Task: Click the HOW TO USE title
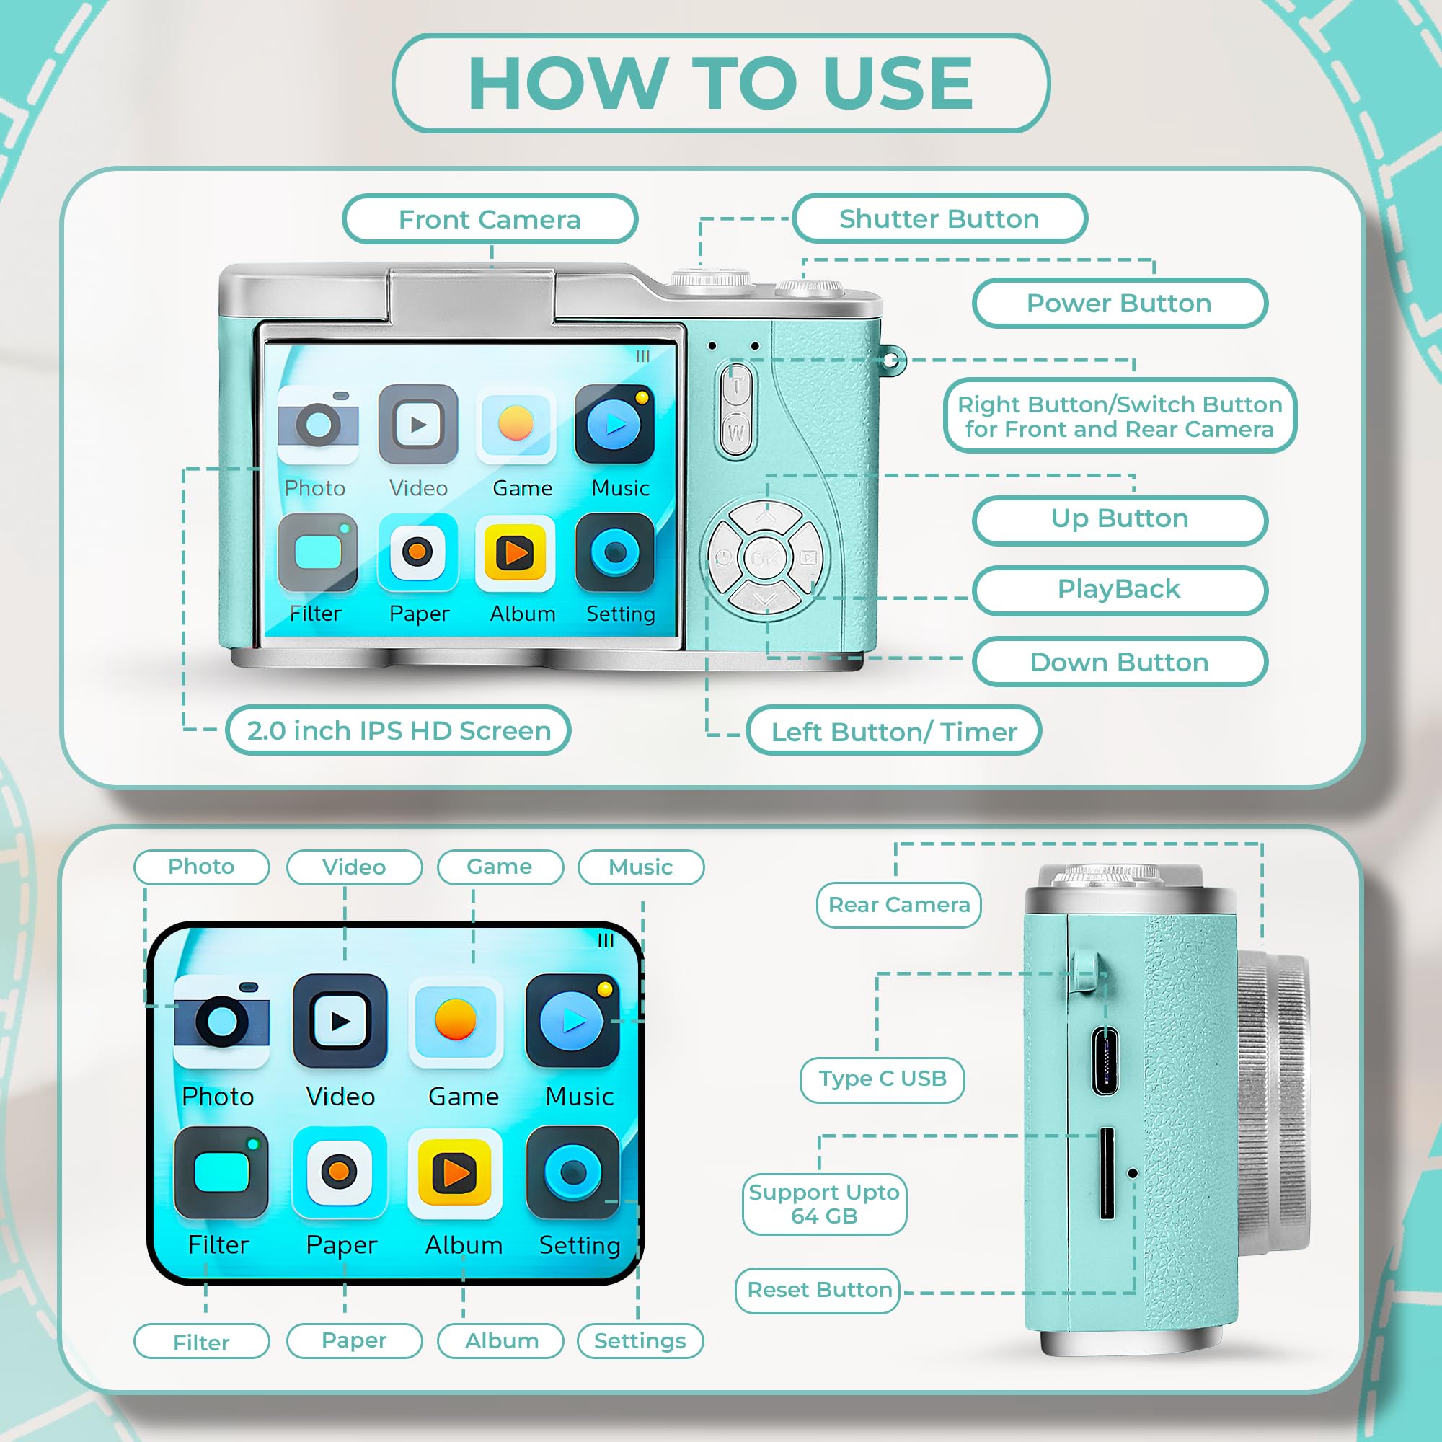tap(721, 83)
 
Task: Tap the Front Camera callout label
tap(490, 219)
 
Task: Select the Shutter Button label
tap(939, 218)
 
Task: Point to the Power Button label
tap(1119, 303)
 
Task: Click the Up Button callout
tap(1119, 518)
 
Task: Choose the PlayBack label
tap(1119, 589)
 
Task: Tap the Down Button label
tap(1119, 662)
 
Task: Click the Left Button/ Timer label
tap(893, 731)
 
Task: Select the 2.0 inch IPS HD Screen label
tap(399, 730)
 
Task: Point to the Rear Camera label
tap(898, 905)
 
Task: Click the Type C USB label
tap(883, 1079)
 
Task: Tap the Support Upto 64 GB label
tap(824, 1204)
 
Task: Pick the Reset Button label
tap(819, 1290)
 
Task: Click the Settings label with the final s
tap(640, 1341)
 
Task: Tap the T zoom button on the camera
tap(737, 386)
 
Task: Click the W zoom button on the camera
tap(737, 431)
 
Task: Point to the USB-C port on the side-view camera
tap(1105, 1061)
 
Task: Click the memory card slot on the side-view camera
tap(1107, 1174)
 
